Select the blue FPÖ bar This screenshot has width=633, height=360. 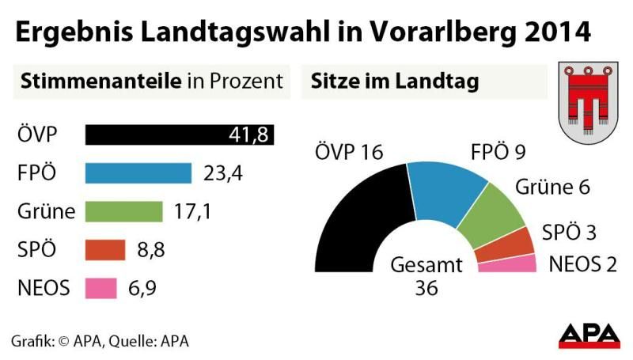[138, 173]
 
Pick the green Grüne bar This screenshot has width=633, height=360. [123, 211]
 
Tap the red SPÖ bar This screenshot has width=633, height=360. [105, 249]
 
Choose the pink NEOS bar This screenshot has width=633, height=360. [100, 288]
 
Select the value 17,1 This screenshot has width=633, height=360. [192, 211]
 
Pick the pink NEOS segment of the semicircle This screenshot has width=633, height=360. [506, 264]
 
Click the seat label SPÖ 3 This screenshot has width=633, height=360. [568, 233]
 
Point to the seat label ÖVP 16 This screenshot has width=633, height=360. [349, 151]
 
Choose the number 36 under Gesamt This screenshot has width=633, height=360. [426, 289]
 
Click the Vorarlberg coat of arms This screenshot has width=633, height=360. [589, 103]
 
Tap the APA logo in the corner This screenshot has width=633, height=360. [589, 336]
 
